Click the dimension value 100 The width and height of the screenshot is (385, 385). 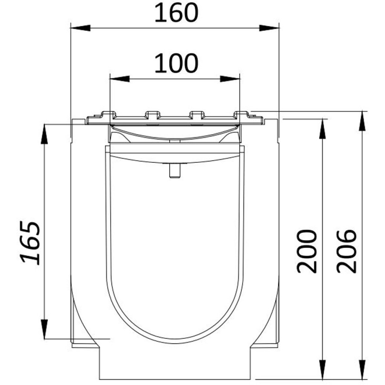click(176, 64)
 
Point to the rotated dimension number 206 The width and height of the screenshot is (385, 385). click(346, 251)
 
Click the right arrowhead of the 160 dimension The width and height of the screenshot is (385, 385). click(270, 28)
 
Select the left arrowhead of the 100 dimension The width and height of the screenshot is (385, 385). click(119, 79)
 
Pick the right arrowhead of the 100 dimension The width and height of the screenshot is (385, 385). click(230, 79)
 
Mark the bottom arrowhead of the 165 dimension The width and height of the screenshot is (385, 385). click(44, 329)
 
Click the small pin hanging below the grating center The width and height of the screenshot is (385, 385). click(173, 171)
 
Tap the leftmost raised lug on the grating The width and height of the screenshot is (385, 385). click(108, 114)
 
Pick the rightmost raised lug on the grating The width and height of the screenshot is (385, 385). click(242, 114)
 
